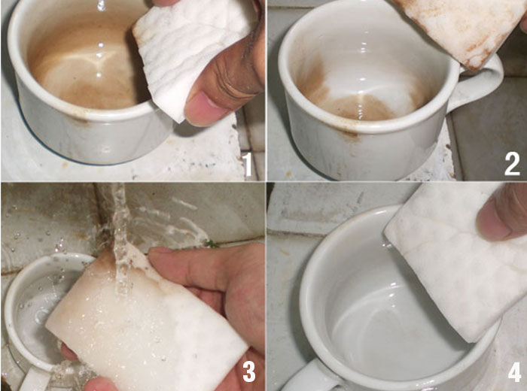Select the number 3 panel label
coord(248,371)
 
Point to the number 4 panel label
coord(513,371)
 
